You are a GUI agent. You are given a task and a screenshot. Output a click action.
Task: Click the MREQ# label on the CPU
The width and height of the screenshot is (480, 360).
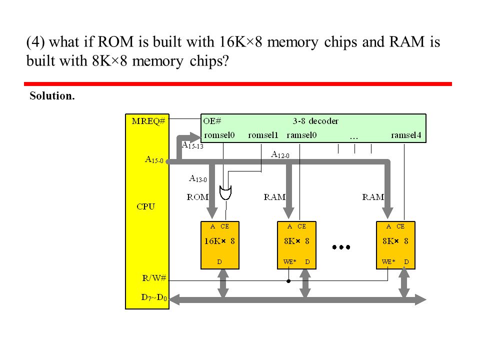click(148, 121)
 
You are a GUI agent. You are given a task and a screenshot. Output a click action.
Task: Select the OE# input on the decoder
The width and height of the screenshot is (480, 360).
click(212, 121)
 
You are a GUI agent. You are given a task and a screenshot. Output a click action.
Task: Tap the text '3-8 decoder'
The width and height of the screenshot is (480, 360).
click(315, 121)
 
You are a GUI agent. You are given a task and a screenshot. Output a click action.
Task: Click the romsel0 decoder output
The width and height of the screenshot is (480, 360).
click(219, 135)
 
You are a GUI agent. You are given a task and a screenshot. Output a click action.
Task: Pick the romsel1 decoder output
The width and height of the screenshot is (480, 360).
click(263, 135)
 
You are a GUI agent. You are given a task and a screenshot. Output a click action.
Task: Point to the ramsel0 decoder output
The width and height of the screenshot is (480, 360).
click(301, 135)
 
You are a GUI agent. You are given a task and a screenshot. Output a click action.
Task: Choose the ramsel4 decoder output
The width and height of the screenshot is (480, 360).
click(406, 135)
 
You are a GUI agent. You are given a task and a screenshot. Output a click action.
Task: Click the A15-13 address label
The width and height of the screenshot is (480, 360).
click(192, 145)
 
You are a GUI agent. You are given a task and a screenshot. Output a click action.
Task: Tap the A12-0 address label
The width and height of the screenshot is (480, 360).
click(280, 154)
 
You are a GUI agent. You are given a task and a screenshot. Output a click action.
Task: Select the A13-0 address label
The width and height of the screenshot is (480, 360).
click(198, 178)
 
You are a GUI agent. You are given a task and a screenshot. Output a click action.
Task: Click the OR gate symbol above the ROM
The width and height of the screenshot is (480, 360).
click(225, 192)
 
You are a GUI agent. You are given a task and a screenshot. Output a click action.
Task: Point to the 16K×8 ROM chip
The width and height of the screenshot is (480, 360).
click(220, 245)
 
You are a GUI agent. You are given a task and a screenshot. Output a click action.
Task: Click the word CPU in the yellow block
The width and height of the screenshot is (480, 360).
click(145, 206)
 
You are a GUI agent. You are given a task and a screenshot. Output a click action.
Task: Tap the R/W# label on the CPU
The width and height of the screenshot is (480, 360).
click(154, 278)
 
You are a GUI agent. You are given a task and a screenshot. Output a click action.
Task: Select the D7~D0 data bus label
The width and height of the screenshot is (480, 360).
click(154, 297)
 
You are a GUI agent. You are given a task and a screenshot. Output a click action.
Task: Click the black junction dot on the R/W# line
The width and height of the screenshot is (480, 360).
click(288, 281)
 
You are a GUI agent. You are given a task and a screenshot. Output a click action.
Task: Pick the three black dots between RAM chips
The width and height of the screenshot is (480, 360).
click(341, 247)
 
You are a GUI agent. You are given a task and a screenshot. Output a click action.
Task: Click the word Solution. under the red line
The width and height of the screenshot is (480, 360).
click(52, 96)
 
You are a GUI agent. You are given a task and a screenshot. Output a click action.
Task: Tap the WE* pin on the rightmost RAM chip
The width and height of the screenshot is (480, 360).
click(388, 261)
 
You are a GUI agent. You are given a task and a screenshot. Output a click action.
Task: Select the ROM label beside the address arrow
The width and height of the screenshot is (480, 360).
click(198, 197)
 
